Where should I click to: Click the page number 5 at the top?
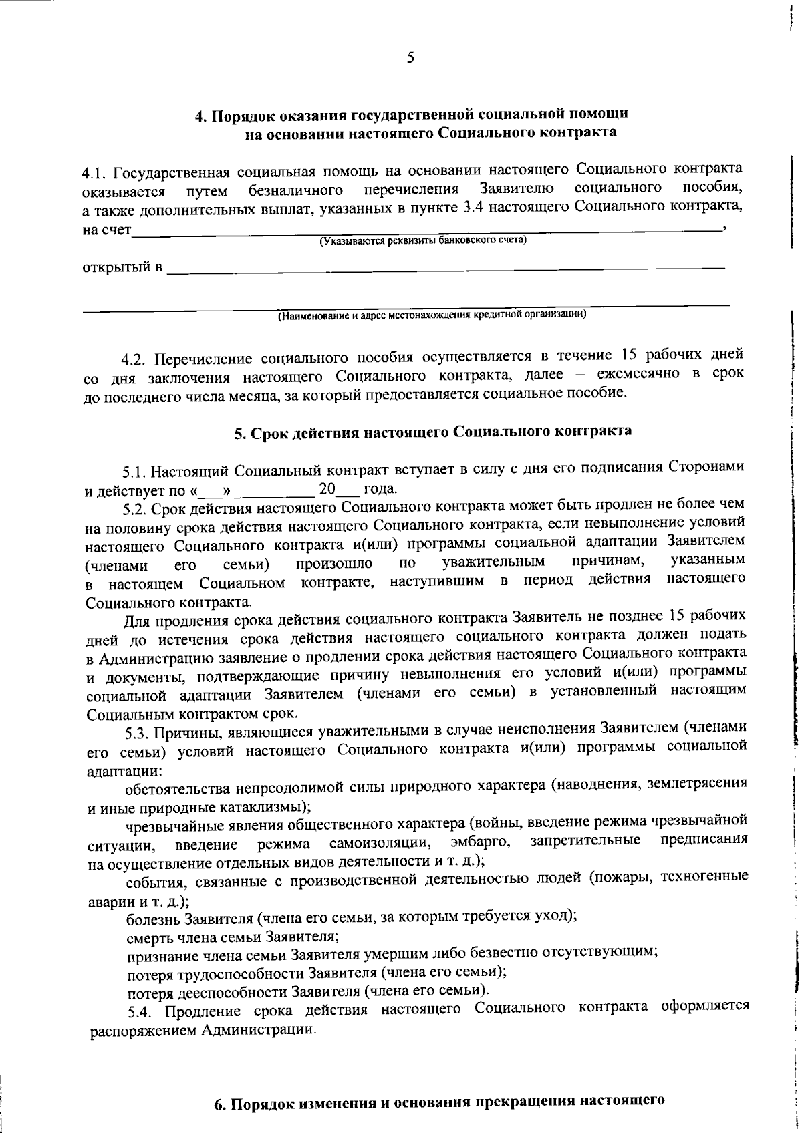(x=410, y=58)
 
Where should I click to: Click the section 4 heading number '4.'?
(x=200, y=116)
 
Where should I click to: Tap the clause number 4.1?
(x=94, y=173)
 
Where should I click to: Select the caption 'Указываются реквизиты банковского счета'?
(x=423, y=240)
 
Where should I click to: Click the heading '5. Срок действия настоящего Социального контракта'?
(x=432, y=431)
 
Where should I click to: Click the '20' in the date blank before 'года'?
(x=327, y=490)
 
